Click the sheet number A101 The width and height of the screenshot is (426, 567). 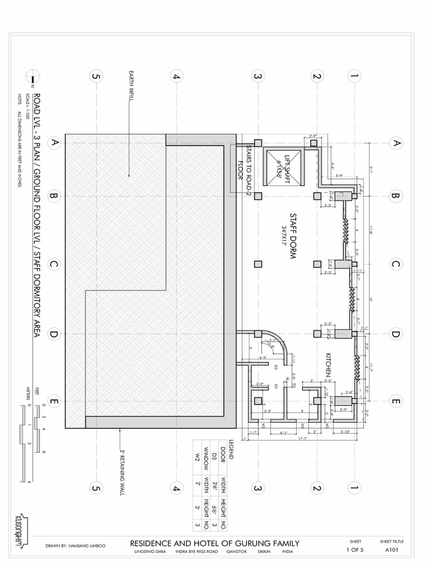click(x=392, y=550)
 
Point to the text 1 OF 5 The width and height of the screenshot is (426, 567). click(x=355, y=550)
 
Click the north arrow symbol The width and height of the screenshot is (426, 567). click(x=32, y=81)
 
